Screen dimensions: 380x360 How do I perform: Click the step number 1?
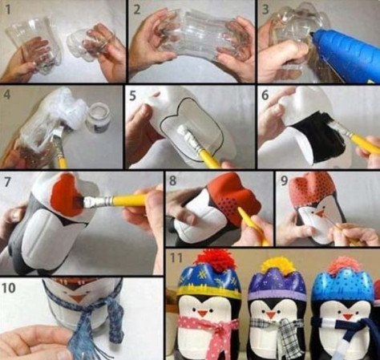pyautogui.click(x=8, y=10)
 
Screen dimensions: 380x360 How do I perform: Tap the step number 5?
pyautogui.click(x=133, y=96)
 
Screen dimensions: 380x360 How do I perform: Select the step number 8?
pyautogui.click(x=173, y=180)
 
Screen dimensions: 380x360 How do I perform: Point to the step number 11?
pyautogui.click(x=176, y=258)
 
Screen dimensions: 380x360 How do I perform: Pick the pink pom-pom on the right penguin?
pyautogui.click(x=344, y=265)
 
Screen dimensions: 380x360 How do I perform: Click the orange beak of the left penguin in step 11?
pyautogui.click(x=202, y=313)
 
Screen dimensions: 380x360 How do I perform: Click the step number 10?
pyautogui.click(x=9, y=288)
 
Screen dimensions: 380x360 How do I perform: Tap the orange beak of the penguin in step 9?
pyautogui.click(x=320, y=212)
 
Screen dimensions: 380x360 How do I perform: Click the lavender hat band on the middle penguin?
pyautogui.click(x=277, y=295)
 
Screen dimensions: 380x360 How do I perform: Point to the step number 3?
pyautogui.click(x=265, y=10)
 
